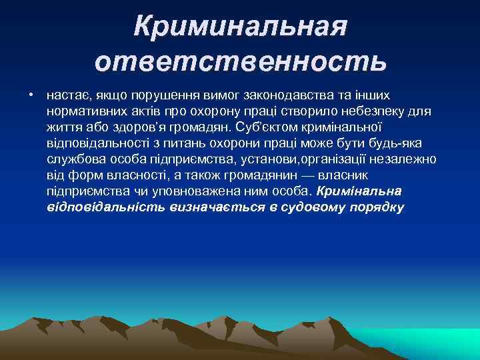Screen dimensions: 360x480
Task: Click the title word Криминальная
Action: point(240,26)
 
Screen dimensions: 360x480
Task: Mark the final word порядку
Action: point(376,207)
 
